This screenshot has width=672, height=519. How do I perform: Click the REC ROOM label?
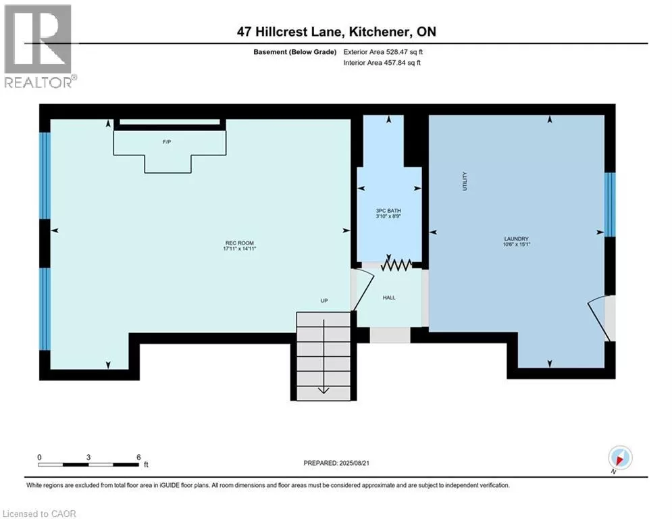tap(240, 243)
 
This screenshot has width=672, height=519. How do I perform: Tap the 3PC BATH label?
tap(388, 211)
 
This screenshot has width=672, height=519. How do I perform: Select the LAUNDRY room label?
tap(517, 239)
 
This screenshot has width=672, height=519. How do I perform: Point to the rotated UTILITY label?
tap(465, 181)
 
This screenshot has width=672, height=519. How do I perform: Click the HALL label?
tap(389, 297)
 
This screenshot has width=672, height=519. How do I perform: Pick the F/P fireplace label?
tap(167, 141)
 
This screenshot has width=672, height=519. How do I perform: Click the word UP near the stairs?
tap(324, 301)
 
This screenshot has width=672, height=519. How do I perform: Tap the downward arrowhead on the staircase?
tap(324, 391)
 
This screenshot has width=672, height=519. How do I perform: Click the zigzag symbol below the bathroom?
tap(396, 266)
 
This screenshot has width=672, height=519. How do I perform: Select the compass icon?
tap(620, 458)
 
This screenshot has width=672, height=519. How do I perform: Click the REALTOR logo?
tap(38, 47)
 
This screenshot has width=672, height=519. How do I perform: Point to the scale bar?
tap(88, 464)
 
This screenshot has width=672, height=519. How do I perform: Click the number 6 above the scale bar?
tap(138, 458)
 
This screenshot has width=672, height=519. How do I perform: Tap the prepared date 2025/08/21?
tap(354, 463)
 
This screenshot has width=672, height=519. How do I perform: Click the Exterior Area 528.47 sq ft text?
tap(383, 52)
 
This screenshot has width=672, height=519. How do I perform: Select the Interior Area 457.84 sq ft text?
tap(382, 63)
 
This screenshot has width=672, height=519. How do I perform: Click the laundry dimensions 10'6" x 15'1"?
tap(517, 245)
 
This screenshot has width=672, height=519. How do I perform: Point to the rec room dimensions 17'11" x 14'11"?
tap(240, 248)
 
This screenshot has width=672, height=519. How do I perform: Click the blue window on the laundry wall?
tap(610, 205)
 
